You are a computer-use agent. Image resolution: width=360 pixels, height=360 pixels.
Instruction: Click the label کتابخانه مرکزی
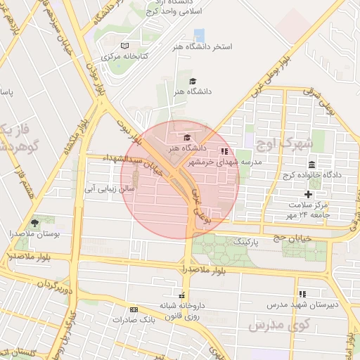(x=124, y=56)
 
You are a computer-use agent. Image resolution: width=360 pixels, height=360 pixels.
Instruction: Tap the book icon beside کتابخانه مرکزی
(x=124, y=46)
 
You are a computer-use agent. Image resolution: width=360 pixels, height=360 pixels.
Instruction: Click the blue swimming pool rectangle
(x=199, y=34)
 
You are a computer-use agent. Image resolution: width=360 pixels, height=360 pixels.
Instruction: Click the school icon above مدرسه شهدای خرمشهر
(x=224, y=151)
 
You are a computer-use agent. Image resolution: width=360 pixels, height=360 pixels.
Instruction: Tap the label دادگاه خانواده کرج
(x=311, y=174)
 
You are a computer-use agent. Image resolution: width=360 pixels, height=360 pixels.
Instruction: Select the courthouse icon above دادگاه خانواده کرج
(x=311, y=165)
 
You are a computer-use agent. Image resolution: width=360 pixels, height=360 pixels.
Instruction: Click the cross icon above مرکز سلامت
(x=307, y=194)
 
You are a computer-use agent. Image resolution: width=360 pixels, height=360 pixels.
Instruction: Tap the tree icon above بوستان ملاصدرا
(x=35, y=222)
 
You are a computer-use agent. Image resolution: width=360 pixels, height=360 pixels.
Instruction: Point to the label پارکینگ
(x=245, y=241)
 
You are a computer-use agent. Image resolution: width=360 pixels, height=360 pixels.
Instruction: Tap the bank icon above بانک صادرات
(x=134, y=309)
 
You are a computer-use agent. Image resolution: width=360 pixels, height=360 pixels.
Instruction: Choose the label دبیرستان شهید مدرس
(x=302, y=305)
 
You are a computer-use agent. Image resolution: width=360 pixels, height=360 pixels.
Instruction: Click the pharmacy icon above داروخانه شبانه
(x=184, y=295)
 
